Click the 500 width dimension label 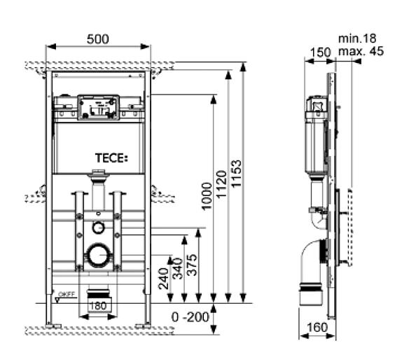(98, 39)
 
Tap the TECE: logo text (111, 158)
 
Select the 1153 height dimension (236, 174)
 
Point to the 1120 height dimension (222, 184)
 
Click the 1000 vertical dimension (207, 196)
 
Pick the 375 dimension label (192, 265)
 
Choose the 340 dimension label (178, 269)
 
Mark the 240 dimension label (163, 279)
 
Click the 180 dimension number (98, 306)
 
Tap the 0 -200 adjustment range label (190, 317)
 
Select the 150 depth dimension (320, 53)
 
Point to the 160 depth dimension (317, 327)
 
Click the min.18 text (357, 39)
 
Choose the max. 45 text (361, 51)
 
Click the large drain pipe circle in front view (99, 254)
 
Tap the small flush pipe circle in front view (98, 228)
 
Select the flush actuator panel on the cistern (98, 107)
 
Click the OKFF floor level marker (65, 295)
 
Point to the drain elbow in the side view (312, 262)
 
